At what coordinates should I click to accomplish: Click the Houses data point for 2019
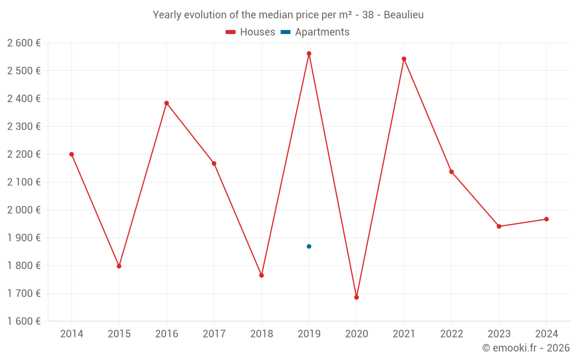(x=309, y=54)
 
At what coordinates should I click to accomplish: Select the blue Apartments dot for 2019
(x=309, y=247)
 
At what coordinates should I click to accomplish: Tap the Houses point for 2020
(x=357, y=297)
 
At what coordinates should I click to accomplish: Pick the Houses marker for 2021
(x=404, y=59)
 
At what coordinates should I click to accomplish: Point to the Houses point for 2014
(x=71, y=154)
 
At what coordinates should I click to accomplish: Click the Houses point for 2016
(x=166, y=103)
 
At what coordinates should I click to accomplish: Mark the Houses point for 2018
(x=262, y=275)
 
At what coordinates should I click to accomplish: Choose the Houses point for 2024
(x=547, y=219)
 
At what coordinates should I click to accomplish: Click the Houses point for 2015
(x=119, y=266)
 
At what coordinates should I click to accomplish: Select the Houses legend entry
(x=251, y=32)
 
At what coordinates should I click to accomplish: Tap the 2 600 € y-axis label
(x=24, y=43)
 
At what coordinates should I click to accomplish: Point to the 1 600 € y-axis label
(x=24, y=321)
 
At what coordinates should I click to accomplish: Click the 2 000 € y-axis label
(x=24, y=210)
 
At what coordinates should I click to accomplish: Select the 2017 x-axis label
(x=214, y=334)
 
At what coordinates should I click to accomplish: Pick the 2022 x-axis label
(x=452, y=334)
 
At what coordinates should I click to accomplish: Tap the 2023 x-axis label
(x=499, y=334)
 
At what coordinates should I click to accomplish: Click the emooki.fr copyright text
(x=526, y=348)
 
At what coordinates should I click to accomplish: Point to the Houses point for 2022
(x=452, y=172)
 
